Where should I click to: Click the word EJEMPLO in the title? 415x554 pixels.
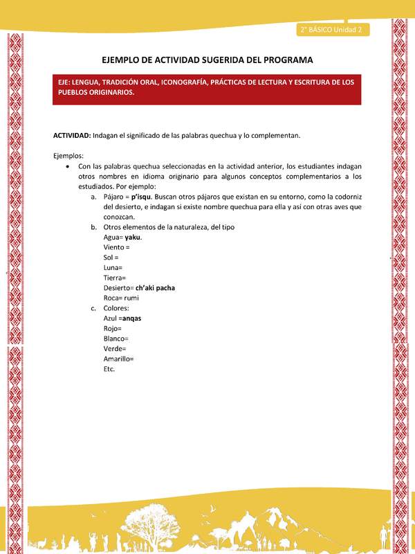click(127, 60)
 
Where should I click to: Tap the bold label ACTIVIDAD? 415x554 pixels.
click(72, 135)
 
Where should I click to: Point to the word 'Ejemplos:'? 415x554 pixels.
click(68, 156)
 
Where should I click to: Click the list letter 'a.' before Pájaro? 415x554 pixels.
click(94, 197)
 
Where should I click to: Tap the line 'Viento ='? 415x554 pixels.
click(117, 247)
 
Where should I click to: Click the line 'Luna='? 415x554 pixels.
click(113, 267)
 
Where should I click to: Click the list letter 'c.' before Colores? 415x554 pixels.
click(94, 307)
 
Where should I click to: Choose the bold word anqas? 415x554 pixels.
click(131, 318)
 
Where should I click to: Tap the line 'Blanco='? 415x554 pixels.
click(116, 338)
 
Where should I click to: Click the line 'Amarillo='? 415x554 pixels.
click(118, 359)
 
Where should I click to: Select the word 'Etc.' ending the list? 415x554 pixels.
click(109, 368)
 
